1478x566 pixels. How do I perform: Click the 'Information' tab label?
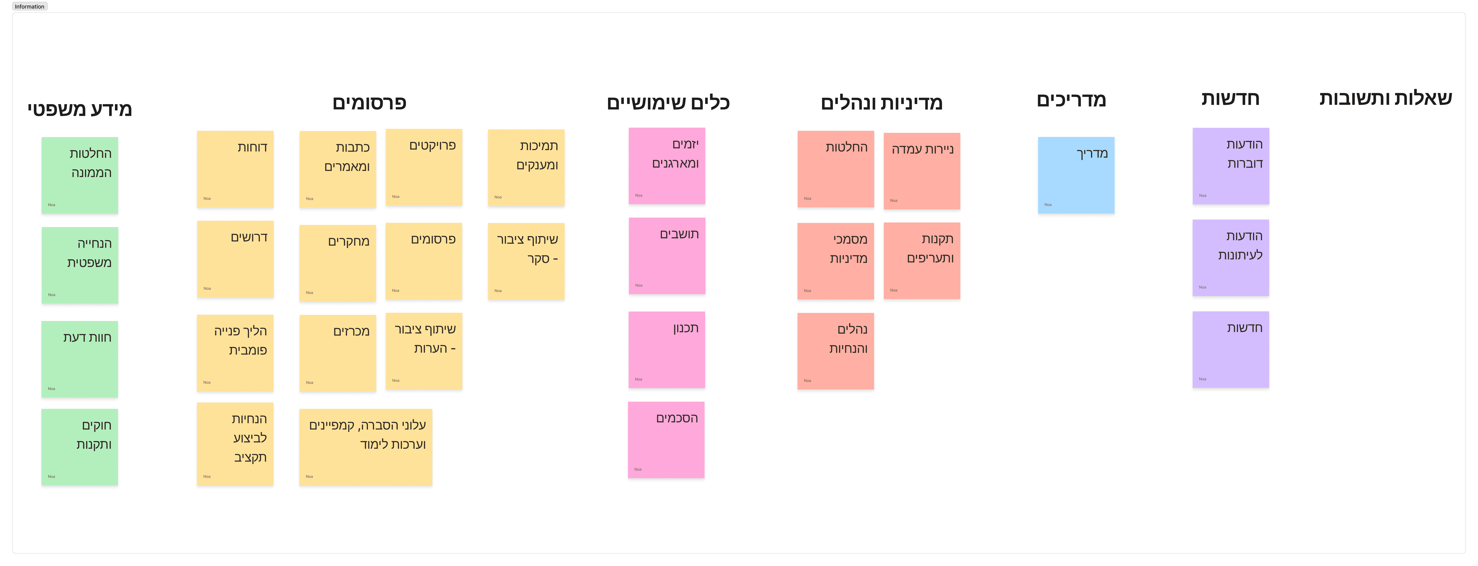[29, 6]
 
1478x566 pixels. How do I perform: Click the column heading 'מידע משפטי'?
[80, 109]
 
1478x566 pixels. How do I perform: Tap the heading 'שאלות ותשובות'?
[1385, 98]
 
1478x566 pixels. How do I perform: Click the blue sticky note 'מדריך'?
[1076, 175]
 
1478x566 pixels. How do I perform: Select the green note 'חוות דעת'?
[80, 359]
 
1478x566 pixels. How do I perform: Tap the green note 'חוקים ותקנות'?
[80, 447]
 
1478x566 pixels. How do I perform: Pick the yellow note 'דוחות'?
[235, 169]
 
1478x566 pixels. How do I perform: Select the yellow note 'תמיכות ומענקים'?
[526, 168]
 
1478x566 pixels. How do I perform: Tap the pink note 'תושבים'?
[667, 255]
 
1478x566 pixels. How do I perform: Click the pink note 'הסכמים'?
[666, 440]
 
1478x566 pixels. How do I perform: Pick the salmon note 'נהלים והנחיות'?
[835, 351]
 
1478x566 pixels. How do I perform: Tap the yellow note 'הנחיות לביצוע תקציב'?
[235, 444]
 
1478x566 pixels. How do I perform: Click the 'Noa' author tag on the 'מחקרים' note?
[309, 293]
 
